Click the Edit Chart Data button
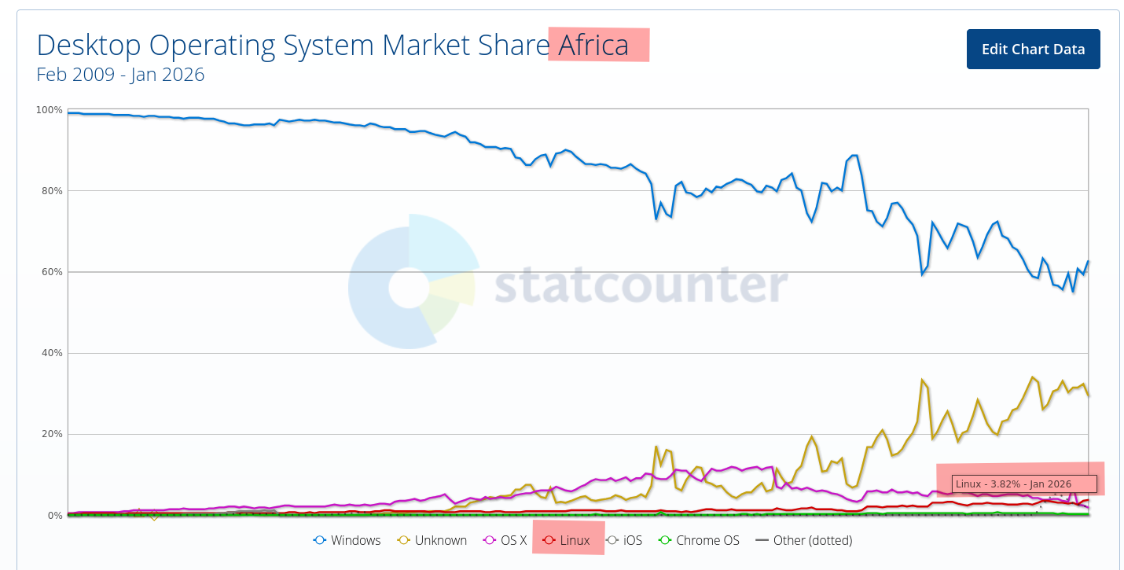(1033, 49)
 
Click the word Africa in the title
(593, 46)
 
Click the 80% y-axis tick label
(52, 191)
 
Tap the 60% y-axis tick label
(52, 272)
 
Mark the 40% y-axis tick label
(52, 353)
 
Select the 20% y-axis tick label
(52, 434)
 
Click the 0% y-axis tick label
(55, 516)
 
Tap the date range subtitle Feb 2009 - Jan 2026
(120, 75)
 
